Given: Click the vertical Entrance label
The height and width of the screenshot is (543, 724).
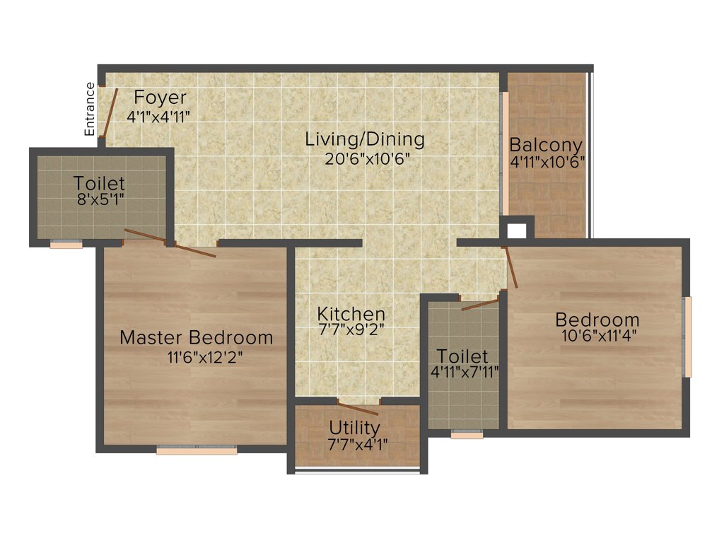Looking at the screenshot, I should pos(90,109).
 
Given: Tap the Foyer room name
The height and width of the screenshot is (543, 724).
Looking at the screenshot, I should pos(160,97).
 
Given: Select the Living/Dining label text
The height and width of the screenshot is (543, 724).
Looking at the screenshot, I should pos(365,139).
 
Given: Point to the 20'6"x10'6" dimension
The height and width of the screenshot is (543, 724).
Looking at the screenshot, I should pos(368,158).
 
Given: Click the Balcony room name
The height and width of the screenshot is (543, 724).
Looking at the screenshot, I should pos(547,145).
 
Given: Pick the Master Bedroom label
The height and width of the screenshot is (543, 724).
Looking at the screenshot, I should pos(196,337).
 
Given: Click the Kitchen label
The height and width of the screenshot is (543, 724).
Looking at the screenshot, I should pos(351,313).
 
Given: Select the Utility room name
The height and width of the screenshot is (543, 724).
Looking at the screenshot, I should pos(354,428).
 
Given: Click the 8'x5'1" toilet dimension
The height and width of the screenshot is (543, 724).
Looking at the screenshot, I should pos(99,200).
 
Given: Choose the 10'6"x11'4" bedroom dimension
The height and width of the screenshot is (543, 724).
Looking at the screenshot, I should pos(600,337).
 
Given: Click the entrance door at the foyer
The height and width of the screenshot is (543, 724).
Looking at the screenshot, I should pos(110,112).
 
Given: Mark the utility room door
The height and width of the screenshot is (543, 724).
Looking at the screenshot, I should pos(358,407).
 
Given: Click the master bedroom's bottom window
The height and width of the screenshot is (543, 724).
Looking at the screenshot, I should pos(197,450).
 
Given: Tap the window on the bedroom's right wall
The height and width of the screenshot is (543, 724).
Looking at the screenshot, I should pos(687,337).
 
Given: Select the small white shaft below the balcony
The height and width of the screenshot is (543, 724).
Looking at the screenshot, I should pos(517,230).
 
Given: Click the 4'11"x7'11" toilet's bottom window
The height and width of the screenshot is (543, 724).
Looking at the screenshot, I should pos(467,435).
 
